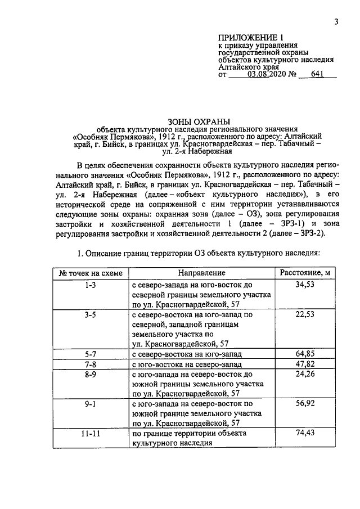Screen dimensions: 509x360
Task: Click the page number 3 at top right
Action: click(335, 22)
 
